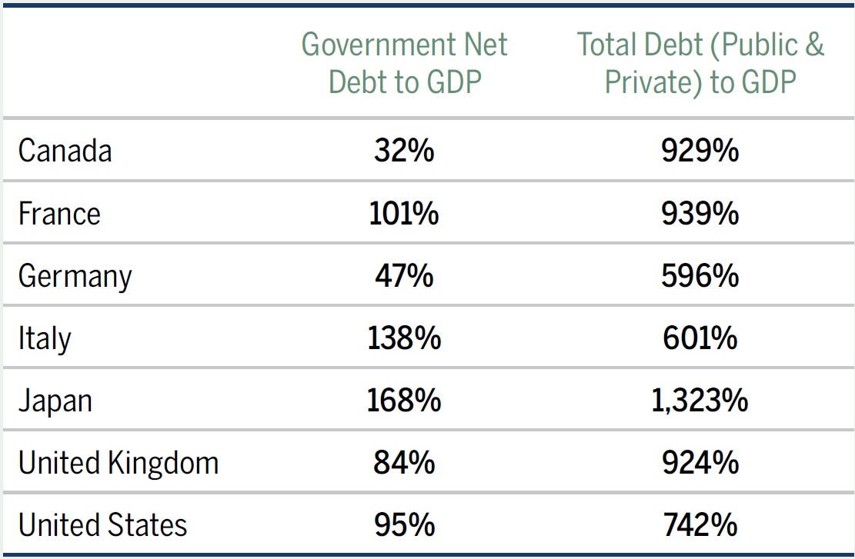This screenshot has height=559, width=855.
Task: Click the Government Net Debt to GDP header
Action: [x=404, y=63]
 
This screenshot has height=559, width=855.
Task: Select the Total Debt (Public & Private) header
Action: [x=700, y=63]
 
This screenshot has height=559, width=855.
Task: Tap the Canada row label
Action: [x=65, y=151]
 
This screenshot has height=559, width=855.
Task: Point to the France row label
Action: [x=59, y=213]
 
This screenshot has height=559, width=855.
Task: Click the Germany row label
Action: [x=75, y=276]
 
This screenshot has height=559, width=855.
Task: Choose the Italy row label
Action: [x=45, y=338]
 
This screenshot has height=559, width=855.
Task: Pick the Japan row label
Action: [x=55, y=401]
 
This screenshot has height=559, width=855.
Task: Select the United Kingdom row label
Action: [x=119, y=463]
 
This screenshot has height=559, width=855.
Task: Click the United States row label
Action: [x=102, y=525]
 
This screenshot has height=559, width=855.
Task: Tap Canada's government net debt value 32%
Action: [x=404, y=151]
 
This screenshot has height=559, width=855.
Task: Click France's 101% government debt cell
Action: [x=404, y=213]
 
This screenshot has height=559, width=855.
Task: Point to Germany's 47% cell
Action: [x=404, y=276]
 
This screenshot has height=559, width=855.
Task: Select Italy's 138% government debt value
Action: [x=404, y=338]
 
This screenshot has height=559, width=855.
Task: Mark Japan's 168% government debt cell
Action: [x=404, y=401]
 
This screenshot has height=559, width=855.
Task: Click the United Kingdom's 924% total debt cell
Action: [x=700, y=463]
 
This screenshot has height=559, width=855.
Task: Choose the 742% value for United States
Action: [x=700, y=525]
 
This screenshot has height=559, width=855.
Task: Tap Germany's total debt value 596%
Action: [x=700, y=276]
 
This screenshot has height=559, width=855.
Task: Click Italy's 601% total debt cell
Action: [x=700, y=338]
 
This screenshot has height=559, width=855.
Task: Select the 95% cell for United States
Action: [x=404, y=525]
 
